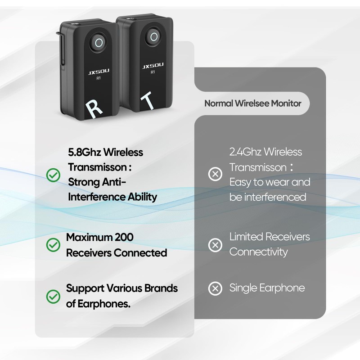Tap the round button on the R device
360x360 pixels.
click(x=99, y=43)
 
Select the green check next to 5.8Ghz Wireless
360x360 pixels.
click(x=54, y=175)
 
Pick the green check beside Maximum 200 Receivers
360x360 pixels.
click(x=54, y=245)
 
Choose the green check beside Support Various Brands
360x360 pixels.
click(x=54, y=296)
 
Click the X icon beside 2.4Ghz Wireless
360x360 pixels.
click(x=216, y=174)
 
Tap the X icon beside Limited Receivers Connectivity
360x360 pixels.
click(x=216, y=245)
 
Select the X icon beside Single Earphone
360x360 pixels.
click(x=216, y=288)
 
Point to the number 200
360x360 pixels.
click(x=124, y=237)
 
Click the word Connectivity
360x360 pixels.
click(x=258, y=252)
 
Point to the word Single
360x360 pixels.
click(x=243, y=288)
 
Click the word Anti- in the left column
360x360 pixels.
click(x=112, y=182)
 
